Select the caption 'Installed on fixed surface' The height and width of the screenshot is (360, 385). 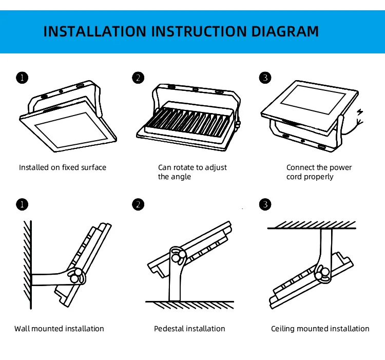coord(63,167)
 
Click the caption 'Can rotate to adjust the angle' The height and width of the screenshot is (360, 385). coord(192,172)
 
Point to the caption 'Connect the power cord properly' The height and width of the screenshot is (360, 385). coord(319,172)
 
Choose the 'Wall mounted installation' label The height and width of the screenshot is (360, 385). coord(59,329)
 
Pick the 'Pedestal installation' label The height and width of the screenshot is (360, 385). coord(189,329)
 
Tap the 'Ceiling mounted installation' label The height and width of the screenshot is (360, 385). coord(320,329)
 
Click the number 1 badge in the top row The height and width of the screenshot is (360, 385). coord(22,78)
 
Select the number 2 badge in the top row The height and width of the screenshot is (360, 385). coord(138,78)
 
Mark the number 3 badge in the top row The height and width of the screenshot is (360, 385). coord(265,78)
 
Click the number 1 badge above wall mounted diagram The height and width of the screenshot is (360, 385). coord(22,205)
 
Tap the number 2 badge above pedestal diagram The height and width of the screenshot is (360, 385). coord(138,205)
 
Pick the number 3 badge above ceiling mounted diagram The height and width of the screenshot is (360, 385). coord(265,205)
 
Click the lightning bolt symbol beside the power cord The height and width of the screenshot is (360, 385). coord(361,112)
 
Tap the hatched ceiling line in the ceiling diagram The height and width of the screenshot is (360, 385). coord(312,225)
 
